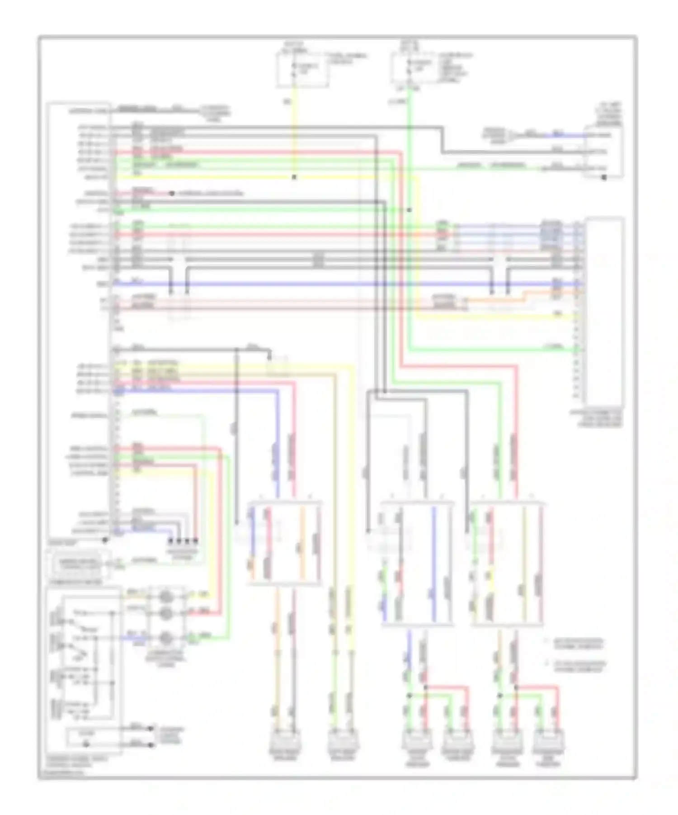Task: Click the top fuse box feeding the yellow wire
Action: click(x=302, y=69)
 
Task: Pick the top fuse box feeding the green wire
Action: click(x=415, y=69)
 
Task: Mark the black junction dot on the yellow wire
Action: click(x=294, y=177)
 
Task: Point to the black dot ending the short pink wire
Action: click(x=172, y=194)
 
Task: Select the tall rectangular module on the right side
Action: click(x=604, y=312)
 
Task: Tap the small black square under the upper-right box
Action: click(x=604, y=178)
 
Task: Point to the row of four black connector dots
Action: click(x=183, y=540)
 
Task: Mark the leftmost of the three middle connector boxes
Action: click(x=284, y=543)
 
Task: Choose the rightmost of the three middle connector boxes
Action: click(x=506, y=563)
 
